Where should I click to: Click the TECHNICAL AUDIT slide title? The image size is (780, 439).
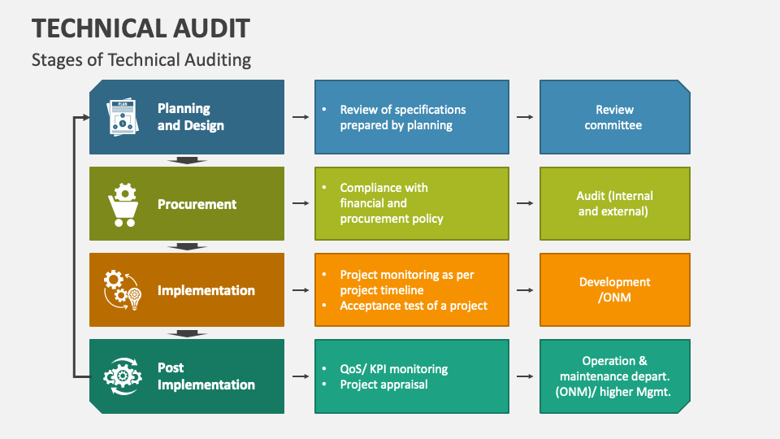(141, 28)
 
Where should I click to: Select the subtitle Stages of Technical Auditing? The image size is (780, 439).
(141, 59)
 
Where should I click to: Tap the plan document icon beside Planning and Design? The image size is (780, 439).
(123, 117)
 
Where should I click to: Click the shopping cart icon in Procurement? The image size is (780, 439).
(123, 205)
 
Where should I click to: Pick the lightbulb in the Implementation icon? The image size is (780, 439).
(134, 299)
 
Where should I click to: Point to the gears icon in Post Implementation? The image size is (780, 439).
(123, 376)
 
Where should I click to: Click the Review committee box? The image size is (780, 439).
(615, 117)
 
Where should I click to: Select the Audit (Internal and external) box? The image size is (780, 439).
(615, 203)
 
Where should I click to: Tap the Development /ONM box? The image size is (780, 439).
(615, 289)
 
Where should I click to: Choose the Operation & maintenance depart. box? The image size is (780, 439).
(615, 376)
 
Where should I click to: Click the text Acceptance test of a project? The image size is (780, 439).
(414, 306)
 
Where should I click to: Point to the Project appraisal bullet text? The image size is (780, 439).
(383, 385)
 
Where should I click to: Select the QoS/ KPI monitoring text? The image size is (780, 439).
(393, 369)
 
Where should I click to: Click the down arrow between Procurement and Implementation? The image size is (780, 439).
(187, 247)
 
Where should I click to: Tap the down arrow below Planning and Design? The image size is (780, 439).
(187, 160)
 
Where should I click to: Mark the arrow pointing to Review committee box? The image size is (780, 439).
(525, 117)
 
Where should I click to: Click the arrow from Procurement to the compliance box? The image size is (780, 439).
(301, 203)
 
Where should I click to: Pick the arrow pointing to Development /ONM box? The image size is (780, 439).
(525, 289)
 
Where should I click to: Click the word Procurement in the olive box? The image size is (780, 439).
(197, 204)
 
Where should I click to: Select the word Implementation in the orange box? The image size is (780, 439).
(206, 290)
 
